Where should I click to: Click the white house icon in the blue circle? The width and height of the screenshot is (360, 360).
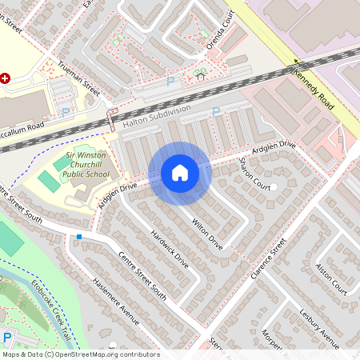[179, 173]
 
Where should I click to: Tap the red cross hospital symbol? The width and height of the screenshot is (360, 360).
[5, 78]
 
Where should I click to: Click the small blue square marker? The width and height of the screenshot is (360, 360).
[79, 237]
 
